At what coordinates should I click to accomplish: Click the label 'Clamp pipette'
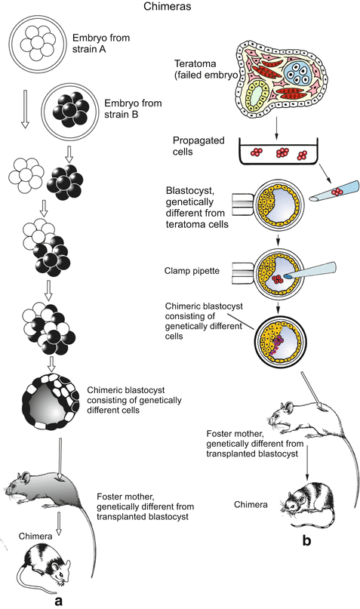pyautogui.click(x=195, y=268)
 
